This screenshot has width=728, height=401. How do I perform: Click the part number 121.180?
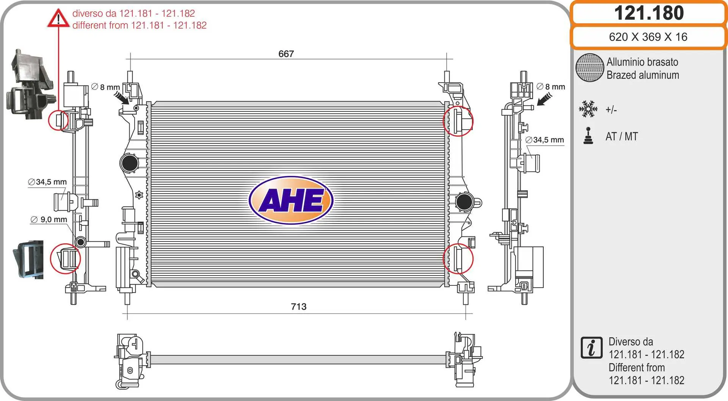pyautogui.click(x=649, y=13)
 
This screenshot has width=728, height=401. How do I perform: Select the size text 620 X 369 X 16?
pyautogui.click(x=648, y=37)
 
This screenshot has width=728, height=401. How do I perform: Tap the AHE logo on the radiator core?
pyautogui.click(x=291, y=200)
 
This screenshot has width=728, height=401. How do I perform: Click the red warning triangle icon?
pyautogui.click(x=58, y=18)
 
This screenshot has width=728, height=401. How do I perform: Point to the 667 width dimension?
pyautogui.click(x=286, y=54)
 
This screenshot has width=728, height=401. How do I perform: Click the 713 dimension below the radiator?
pyautogui.click(x=298, y=307)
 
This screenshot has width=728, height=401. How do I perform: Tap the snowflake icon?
pyautogui.click(x=588, y=109)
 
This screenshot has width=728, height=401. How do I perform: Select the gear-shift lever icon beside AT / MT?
pyautogui.click(x=588, y=136)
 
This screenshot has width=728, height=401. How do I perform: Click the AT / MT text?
pyautogui.click(x=622, y=136)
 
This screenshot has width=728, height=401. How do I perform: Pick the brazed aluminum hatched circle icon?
pyautogui.click(x=590, y=67)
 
